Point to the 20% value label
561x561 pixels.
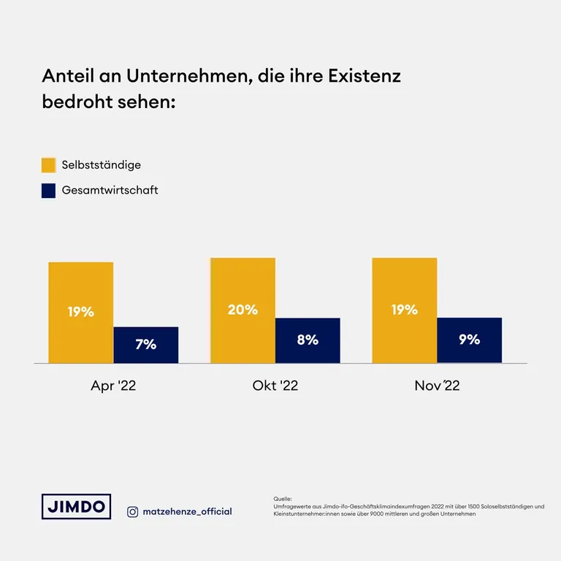click(x=243, y=310)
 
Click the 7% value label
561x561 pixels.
click(x=146, y=345)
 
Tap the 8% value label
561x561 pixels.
click(x=308, y=340)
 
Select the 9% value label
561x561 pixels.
click(x=469, y=339)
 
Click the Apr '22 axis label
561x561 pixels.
click(x=113, y=386)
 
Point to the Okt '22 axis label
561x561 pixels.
click(x=275, y=386)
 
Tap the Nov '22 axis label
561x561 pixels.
click(x=437, y=386)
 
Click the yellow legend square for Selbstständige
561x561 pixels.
click(x=49, y=165)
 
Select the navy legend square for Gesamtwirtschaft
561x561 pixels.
click(x=49, y=191)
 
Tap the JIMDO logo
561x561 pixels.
click(x=76, y=506)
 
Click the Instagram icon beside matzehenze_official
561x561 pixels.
click(x=132, y=511)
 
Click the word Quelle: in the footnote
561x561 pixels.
click(x=282, y=498)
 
